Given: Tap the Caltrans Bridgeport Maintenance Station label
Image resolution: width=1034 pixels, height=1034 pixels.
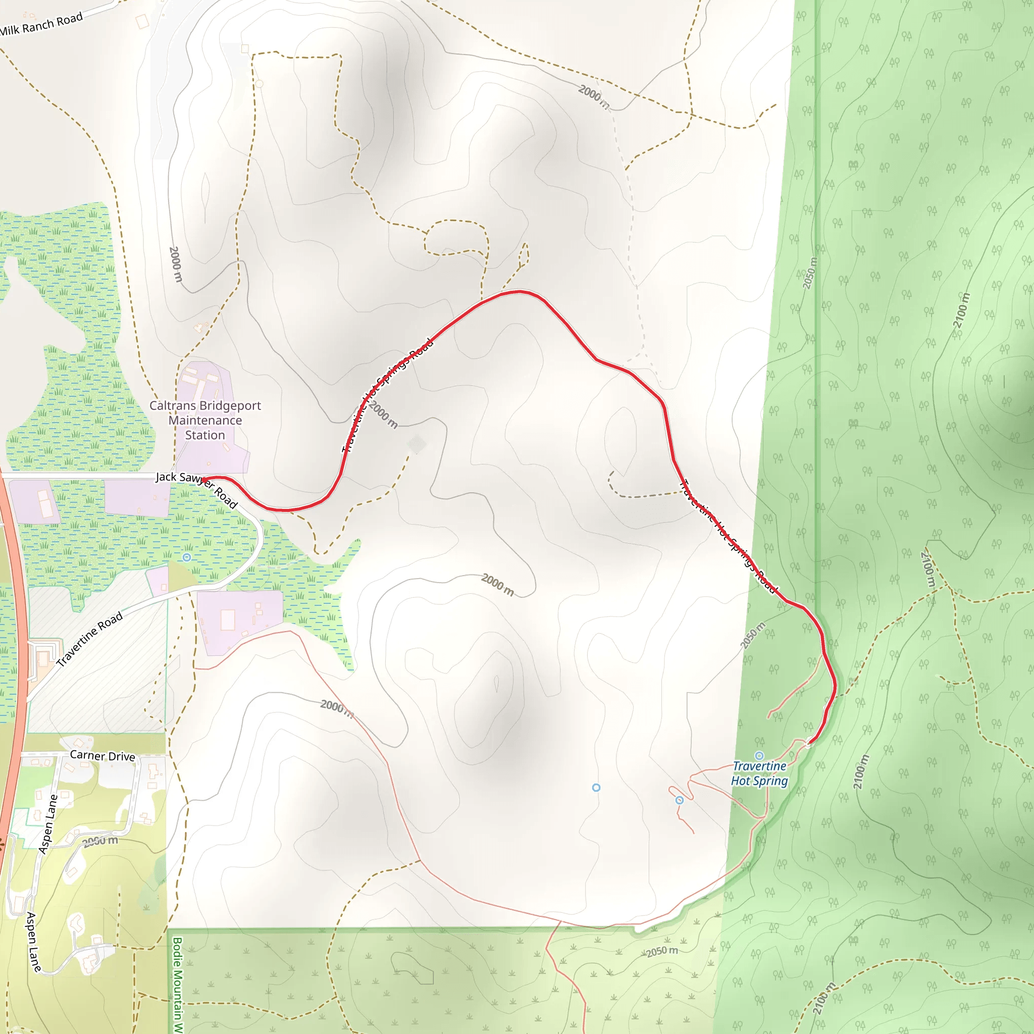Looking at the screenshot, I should pyautogui.click(x=205, y=420).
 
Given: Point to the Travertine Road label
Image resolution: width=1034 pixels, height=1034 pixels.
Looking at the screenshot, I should pyautogui.click(x=89, y=639).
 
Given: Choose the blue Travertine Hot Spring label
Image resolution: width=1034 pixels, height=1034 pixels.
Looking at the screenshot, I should pyautogui.click(x=759, y=773).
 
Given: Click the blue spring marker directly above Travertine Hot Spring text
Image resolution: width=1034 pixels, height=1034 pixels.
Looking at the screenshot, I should pyautogui.click(x=759, y=756).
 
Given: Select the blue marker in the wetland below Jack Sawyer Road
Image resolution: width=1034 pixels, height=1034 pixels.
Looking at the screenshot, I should pyautogui.click(x=186, y=557).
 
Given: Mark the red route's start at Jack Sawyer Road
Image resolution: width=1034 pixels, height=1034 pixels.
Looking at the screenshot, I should pyautogui.click(x=203, y=479).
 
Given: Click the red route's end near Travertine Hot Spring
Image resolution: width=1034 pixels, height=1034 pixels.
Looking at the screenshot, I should pyautogui.click(x=808, y=743).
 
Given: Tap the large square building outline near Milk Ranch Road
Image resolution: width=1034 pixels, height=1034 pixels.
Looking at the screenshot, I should pyautogui.click(x=142, y=21).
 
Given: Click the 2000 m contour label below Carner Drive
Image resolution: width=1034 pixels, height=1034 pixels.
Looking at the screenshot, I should pyautogui.click(x=100, y=841).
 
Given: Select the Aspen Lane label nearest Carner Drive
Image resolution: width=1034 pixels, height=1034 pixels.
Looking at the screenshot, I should pyautogui.click(x=48, y=824).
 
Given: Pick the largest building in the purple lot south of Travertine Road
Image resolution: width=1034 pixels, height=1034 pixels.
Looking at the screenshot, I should pyautogui.click(x=228, y=620).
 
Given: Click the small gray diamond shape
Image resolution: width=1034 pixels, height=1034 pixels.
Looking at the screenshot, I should pyautogui.click(x=417, y=444).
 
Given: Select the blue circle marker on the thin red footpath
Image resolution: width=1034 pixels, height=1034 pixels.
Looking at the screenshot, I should pyautogui.click(x=679, y=800).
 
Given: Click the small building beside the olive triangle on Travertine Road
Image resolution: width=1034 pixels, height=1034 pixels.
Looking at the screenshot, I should pyautogui.click(x=164, y=588).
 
